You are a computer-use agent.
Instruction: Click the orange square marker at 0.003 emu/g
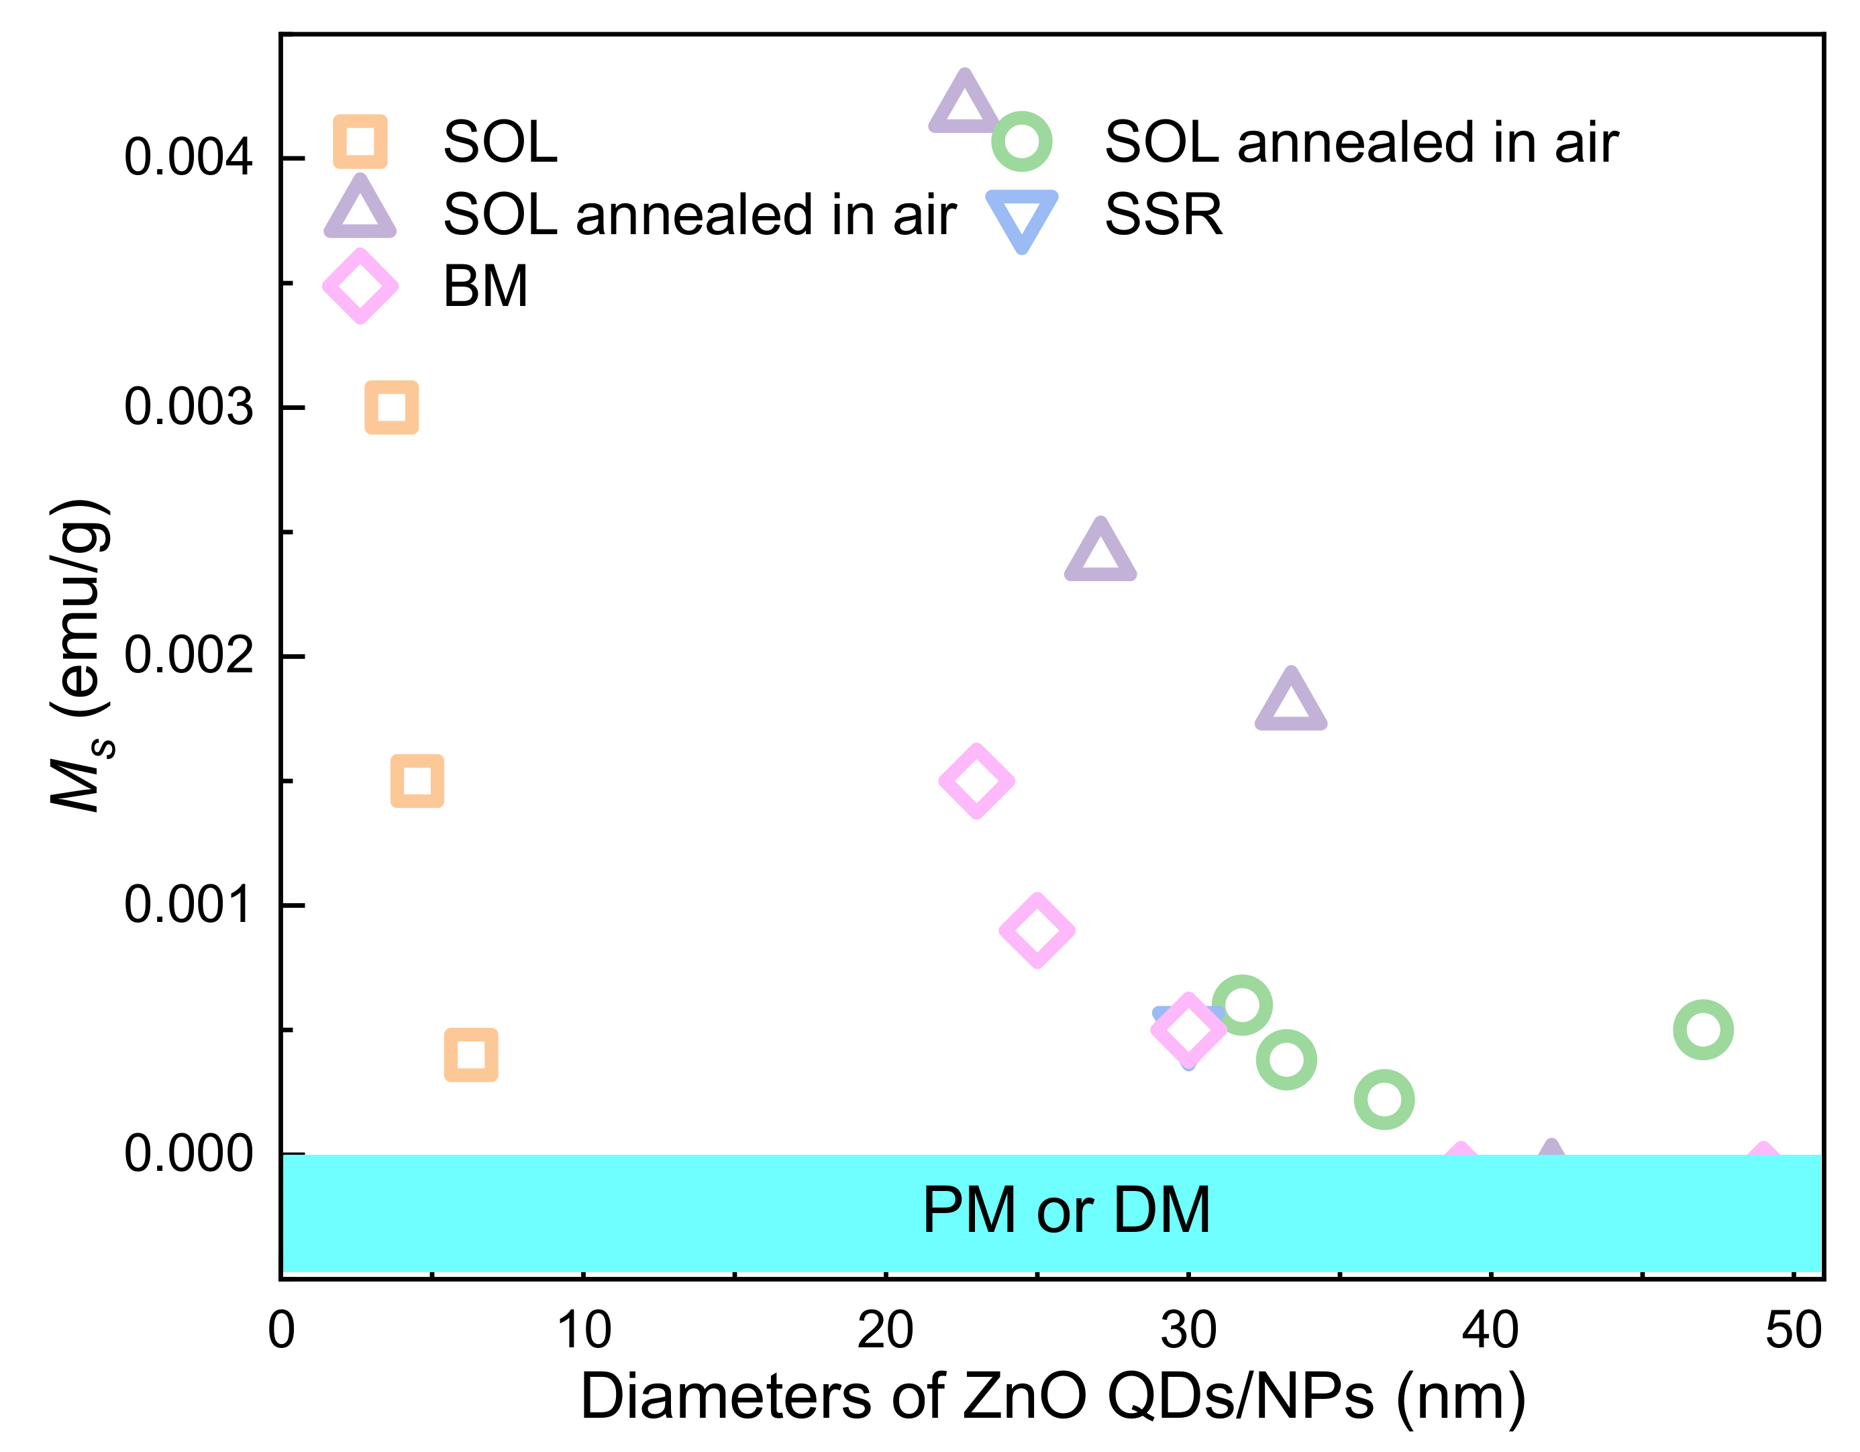coord(391,407)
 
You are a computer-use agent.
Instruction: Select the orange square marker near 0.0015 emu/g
coord(417,780)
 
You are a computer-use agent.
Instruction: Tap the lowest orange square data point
coord(471,1054)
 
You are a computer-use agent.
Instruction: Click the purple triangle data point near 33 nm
coord(1291,703)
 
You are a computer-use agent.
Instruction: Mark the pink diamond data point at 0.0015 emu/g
coord(976,781)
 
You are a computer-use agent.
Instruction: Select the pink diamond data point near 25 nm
coord(1037,930)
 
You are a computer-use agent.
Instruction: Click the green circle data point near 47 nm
coord(1703,1029)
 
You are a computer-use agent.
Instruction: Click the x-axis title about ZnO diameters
coord(1053,1398)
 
